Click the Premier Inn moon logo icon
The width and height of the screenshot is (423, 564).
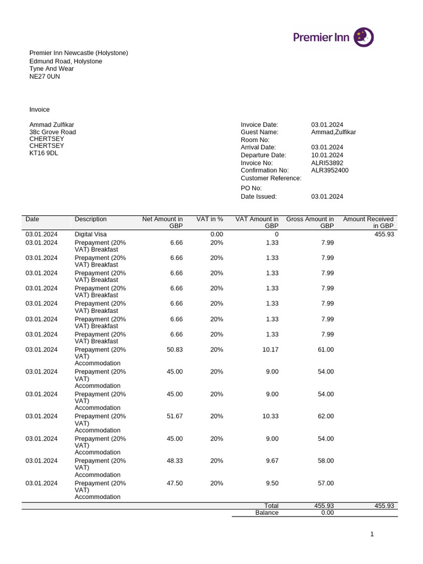(x=364, y=37)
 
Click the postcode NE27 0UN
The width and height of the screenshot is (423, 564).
(x=45, y=77)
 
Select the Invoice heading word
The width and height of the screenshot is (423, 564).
(x=40, y=110)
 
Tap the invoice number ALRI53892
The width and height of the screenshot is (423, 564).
(x=327, y=163)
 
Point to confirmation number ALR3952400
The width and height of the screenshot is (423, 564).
(x=330, y=170)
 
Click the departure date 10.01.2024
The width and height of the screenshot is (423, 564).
(x=327, y=155)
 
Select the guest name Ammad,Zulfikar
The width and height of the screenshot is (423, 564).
(x=334, y=132)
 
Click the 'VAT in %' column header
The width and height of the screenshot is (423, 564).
(x=210, y=219)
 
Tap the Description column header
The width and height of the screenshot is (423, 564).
(x=91, y=219)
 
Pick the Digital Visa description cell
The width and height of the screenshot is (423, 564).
(x=91, y=234)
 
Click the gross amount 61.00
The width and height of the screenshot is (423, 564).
(x=326, y=350)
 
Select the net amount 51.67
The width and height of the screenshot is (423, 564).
(x=175, y=416)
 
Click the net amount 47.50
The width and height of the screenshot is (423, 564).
(x=175, y=483)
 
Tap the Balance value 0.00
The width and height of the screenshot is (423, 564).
(x=327, y=513)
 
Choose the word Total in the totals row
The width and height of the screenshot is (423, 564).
(x=272, y=506)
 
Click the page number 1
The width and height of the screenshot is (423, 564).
(x=372, y=534)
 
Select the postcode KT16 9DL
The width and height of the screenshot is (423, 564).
(x=44, y=153)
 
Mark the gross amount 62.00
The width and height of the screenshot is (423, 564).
(x=326, y=416)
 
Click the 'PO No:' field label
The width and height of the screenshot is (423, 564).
(x=251, y=188)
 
